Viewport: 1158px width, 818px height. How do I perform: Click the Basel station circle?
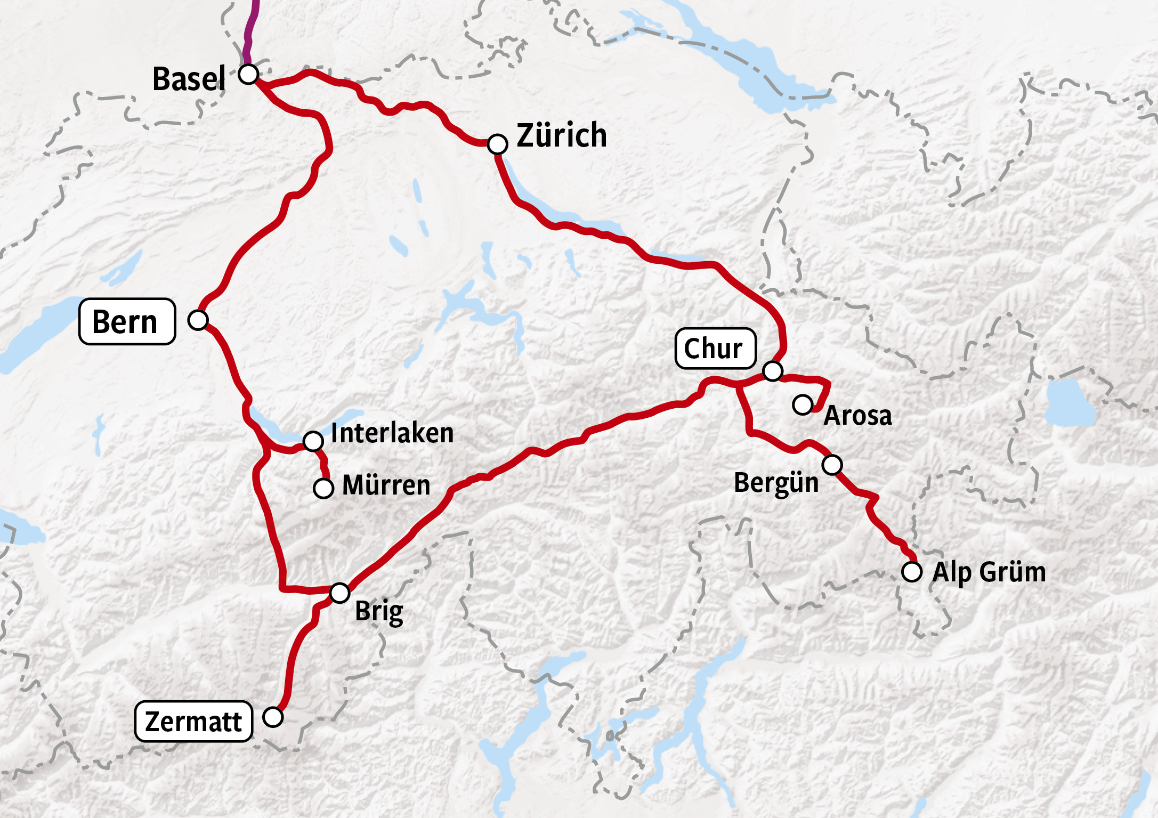coord(248,74)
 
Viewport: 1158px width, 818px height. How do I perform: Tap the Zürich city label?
coord(562,135)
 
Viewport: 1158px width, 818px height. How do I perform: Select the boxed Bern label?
coord(127,321)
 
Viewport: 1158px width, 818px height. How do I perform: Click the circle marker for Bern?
coord(198,320)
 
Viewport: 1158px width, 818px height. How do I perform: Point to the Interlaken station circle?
coord(313,441)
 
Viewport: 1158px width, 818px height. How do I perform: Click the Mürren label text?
coord(386,485)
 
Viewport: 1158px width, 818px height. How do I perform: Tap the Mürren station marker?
coord(323,488)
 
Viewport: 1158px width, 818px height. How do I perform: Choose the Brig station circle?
coord(339,593)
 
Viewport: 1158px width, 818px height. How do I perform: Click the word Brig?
coord(379,611)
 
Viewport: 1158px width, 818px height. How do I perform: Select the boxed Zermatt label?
coord(193,722)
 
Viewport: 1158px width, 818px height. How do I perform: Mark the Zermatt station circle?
coord(273,717)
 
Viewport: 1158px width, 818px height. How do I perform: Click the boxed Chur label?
coord(715,349)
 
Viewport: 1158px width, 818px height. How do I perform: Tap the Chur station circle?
coord(773,370)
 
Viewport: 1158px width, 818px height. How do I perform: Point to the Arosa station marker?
coord(802,404)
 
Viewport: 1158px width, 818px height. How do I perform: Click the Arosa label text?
coord(857,416)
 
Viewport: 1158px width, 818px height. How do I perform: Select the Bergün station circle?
coord(832,465)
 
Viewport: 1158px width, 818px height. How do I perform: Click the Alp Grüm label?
coord(989,572)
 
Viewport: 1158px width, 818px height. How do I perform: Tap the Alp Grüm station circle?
coord(912,572)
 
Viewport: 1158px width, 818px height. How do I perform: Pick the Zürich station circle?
coord(497,144)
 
